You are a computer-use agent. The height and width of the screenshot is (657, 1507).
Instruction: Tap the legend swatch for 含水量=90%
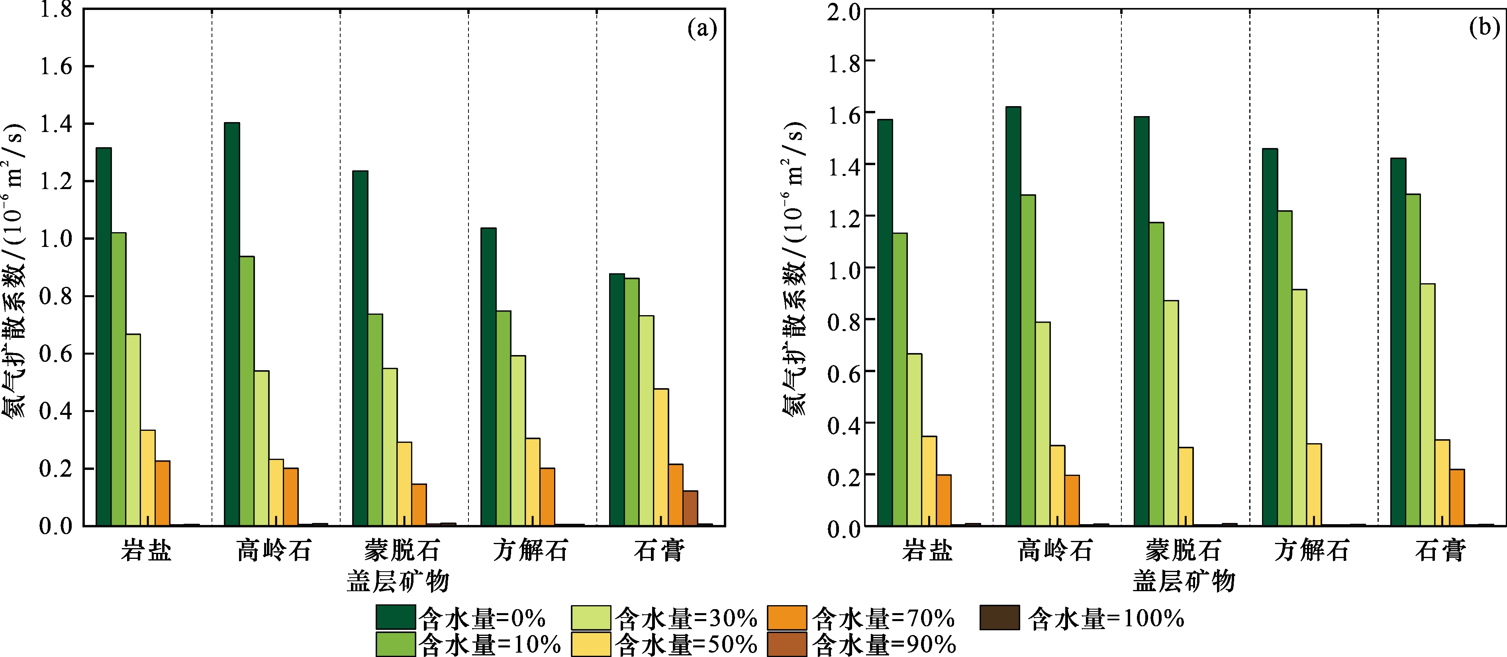787,644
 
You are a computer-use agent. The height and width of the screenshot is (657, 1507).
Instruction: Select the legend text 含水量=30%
686,618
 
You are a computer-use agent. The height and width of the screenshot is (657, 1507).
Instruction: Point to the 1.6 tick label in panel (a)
56,67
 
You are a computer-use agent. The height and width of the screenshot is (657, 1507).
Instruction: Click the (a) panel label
702,28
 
